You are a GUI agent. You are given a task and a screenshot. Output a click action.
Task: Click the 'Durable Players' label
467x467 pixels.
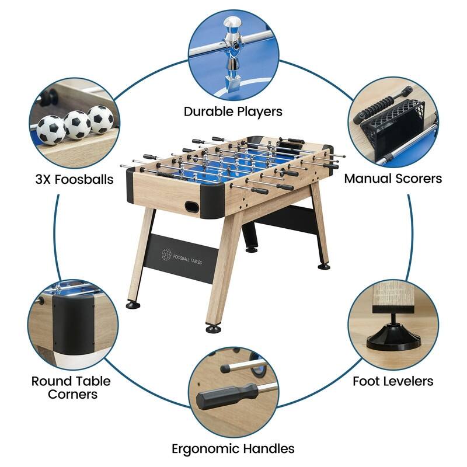[233, 111]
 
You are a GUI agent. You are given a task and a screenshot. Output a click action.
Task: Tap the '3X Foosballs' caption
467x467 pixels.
[74, 179]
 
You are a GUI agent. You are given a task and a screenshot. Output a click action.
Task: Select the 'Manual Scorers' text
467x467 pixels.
[392, 179]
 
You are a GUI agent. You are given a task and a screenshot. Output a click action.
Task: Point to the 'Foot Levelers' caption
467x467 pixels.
[393, 381]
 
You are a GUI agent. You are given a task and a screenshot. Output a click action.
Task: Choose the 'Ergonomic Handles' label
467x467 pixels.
[233, 448]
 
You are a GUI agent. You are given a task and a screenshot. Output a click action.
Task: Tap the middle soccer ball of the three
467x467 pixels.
[77, 124]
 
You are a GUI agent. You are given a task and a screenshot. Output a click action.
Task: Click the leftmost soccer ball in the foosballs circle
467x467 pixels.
[51, 128]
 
